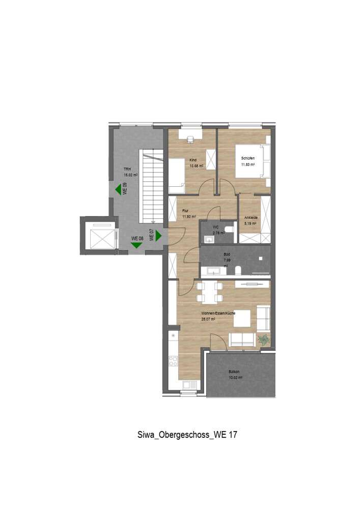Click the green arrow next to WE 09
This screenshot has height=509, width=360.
click(x=118, y=190)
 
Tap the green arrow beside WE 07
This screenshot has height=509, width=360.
click(x=158, y=236)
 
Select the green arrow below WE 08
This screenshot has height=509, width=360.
click(x=136, y=245)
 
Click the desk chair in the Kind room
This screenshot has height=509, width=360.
click(x=191, y=138)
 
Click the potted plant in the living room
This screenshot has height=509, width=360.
click(x=264, y=340)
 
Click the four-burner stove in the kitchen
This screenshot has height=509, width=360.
click(x=173, y=361)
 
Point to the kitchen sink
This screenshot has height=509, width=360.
click(x=186, y=385)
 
